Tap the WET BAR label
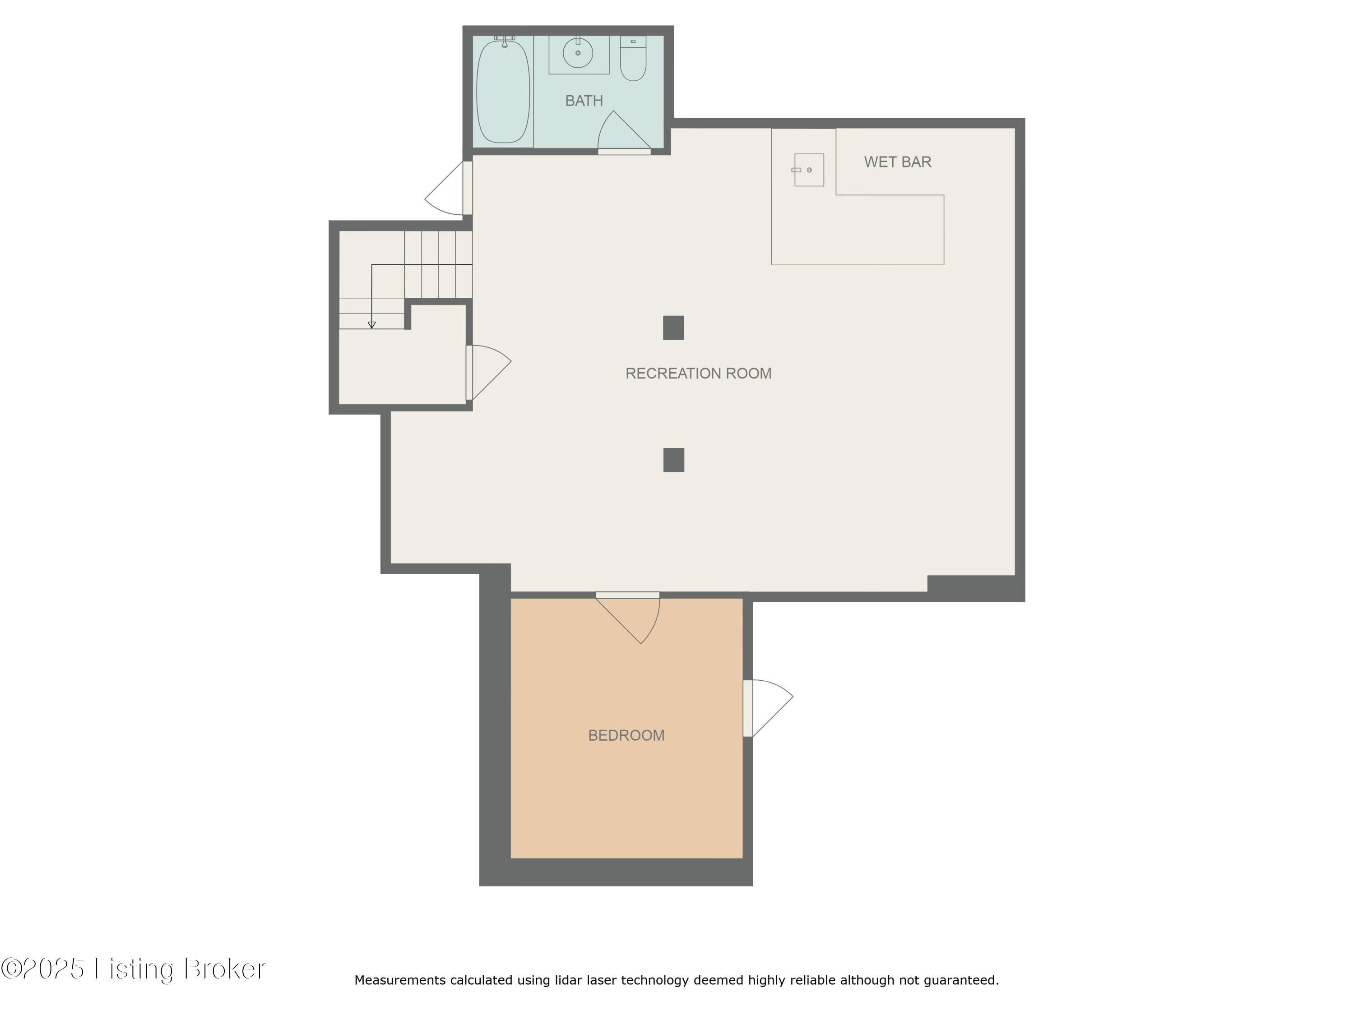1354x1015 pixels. click(x=897, y=162)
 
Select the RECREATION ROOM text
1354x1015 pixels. click(x=698, y=373)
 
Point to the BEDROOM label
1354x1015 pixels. click(x=626, y=735)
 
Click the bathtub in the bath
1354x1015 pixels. click(x=503, y=92)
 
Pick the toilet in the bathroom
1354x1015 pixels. click(x=633, y=60)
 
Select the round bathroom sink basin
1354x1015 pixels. click(x=578, y=53)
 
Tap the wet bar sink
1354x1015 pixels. click(x=809, y=170)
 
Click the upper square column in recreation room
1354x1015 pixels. click(x=673, y=328)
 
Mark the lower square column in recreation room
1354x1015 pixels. click(x=673, y=460)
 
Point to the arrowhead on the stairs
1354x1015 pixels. click(x=371, y=325)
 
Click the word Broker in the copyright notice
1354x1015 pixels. click(x=224, y=969)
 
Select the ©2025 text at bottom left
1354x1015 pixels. click(x=43, y=969)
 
